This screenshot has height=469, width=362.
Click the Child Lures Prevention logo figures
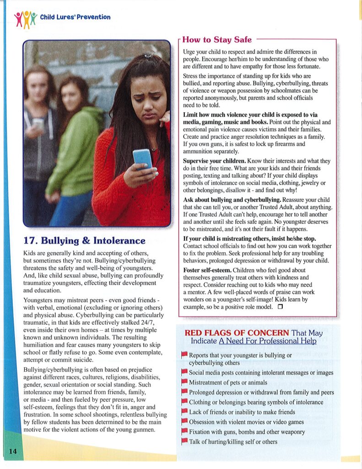pyautogui.click(x=26, y=18)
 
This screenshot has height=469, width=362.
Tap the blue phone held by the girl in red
pyautogui.click(x=142, y=158)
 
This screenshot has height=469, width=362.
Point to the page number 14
pyautogui.click(x=13, y=452)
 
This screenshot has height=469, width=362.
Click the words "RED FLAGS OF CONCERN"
pyautogui.click(x=237, y=333)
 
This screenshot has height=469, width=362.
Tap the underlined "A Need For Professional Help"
pyautogui.click(x=267, y=341)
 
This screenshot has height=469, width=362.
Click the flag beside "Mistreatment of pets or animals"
pyautogui.click(x=184, y=382)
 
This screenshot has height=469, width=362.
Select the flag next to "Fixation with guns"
pyautogui.click(x=184, y=431)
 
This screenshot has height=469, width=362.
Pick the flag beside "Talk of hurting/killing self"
pyautogui.click(x=184, y=442)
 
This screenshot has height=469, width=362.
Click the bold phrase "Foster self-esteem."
pyautogui.click(x=207, y=270)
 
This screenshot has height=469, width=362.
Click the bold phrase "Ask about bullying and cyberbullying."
pyautogui.click(x=232, y=200)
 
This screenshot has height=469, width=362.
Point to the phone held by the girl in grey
pyautogui.click(x=38, y=124)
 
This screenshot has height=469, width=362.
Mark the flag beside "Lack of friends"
pyautogui.click(x=184, y=412)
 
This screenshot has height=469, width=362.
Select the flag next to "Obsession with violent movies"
pyautogui.click(x=184, y=422)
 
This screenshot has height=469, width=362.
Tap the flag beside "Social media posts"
pyautogui.click(x=184, y=372)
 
